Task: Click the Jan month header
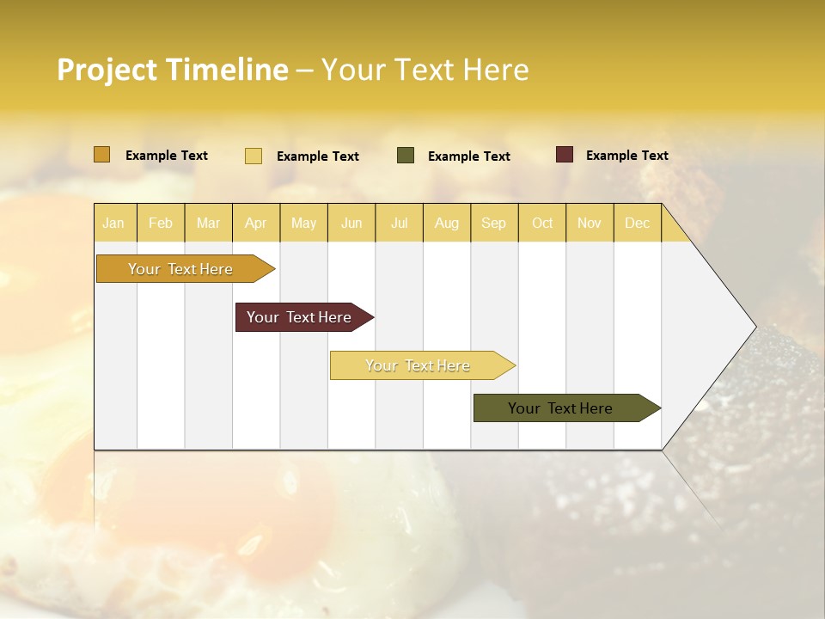[x=113, y=224]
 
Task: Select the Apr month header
[x=255, y=224]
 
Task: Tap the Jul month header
[x=399, y=224]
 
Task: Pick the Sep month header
[x=493, y=224]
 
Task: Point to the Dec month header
[x=637, y=224]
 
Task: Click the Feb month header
[x=161, y=224]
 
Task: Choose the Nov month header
[x=589, y=224]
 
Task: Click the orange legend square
[x=101, y=155]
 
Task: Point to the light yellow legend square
[x=253, y=156]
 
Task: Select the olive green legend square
[x=405, y=155]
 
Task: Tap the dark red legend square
[x=564, y=155]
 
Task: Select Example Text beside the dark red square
[x=626, y=156]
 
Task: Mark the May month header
[x=303, y=224]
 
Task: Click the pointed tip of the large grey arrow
[x=754, y=327]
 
